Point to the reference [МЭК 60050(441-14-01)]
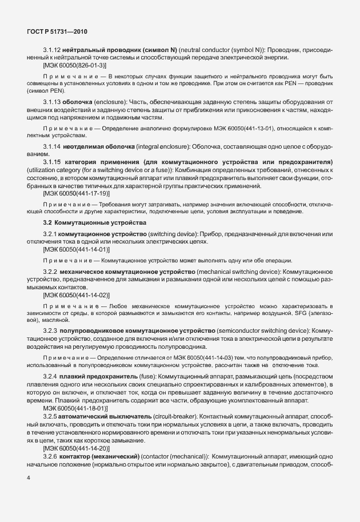coord(76,250)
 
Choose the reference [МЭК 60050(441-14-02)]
coord(76,295)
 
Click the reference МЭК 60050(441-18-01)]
coord(75,409)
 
